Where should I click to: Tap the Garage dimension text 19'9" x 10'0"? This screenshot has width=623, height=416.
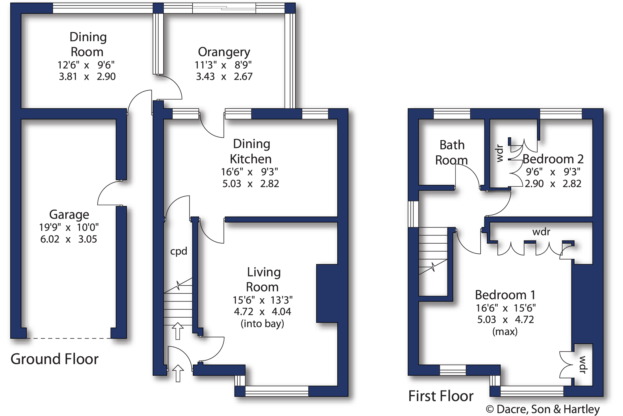(x=69, y=227)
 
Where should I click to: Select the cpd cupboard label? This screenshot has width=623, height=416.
(x=178, y=251)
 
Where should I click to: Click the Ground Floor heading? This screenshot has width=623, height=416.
(x=55, y=359)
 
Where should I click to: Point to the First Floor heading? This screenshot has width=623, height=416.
(x=441, y=396)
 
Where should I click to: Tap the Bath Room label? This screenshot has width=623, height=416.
(x=452, y=152)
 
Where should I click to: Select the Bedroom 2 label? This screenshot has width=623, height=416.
(x=553, y=159)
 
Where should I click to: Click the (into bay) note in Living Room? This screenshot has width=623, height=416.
(x=262, y=324)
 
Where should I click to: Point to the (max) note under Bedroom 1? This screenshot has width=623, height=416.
(x=505, y=332)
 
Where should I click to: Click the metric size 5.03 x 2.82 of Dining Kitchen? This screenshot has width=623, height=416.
(x=251, y=184)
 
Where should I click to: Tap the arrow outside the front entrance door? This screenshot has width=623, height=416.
(x=178, y=373)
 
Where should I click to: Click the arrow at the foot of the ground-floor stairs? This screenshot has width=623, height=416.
(x=178, y=331)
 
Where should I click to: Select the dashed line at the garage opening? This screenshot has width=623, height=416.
(x=69, y=338)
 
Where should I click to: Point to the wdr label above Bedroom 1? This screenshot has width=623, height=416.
(x=541, y=232)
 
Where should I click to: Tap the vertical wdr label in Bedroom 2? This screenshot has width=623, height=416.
(x=500, y=154)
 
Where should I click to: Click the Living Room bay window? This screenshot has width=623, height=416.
(x=277, y=391)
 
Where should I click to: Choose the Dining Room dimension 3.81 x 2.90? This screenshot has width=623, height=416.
(x=87, y=77)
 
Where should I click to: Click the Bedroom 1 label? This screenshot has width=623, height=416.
(x=505, y=295)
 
